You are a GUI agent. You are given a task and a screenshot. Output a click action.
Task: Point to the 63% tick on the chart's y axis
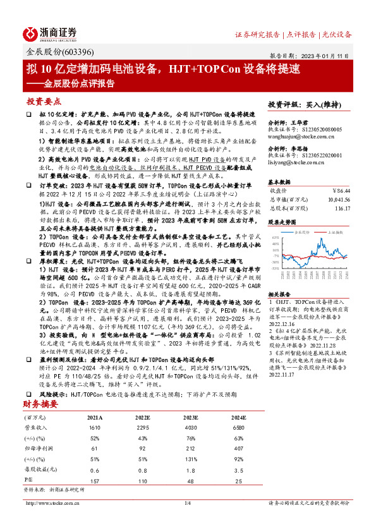[276, 237]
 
